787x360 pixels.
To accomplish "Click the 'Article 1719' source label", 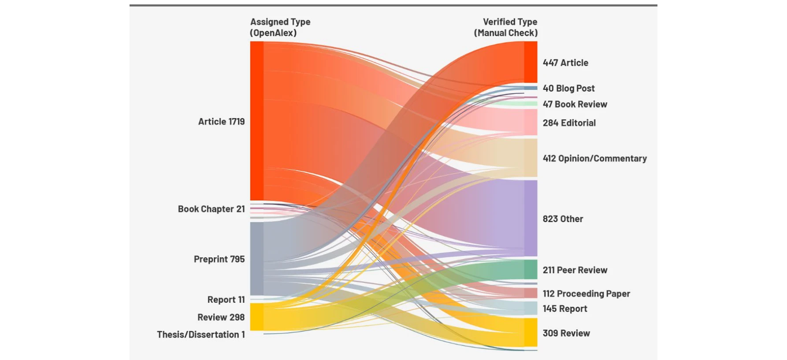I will (x=221, y=122).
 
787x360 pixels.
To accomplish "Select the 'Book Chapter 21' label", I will (x=211, y=209).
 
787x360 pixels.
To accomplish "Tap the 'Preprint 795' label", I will (x=219, y=259).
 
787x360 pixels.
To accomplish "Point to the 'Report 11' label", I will (x=226, y=300).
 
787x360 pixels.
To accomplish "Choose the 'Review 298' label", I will (x=221, y=317).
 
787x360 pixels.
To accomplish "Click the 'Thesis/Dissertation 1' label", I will (x=201, y=334).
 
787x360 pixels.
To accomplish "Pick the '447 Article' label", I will (x=565, y=63).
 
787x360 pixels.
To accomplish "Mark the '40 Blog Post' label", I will (x=568, y=88).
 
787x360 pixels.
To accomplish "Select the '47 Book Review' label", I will (x=575, y=104).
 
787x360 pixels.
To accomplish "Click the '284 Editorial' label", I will (x=569, y=123).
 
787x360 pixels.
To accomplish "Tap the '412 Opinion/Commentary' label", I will (x=594, y=158).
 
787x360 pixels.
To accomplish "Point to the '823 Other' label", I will (x=563, y=219).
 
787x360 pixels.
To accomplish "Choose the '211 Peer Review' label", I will (x=575, y=270).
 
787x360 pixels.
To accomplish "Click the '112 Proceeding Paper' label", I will (x=586, y=293).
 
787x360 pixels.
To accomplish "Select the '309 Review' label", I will (x=566, y=333).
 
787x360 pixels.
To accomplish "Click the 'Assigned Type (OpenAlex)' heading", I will (x=280, y=27).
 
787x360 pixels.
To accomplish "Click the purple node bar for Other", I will (x=531, y=218).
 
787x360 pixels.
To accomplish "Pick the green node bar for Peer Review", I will (x=531, y=270).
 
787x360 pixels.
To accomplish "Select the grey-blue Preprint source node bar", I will (x=257, y=259).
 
